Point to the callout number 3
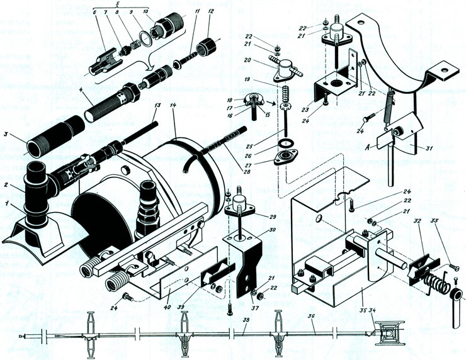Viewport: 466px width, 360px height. pos(8,133)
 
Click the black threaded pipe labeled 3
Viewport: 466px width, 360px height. pos(54,129)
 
